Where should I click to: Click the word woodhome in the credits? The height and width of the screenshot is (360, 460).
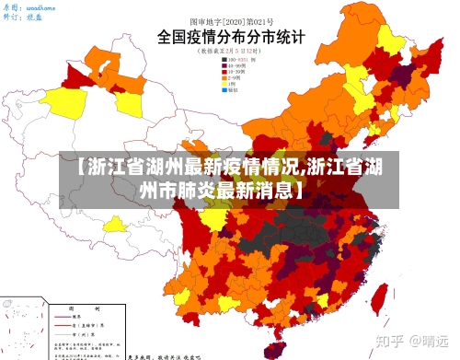[40, 6]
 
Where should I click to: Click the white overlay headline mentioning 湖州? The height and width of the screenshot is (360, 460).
[229, 179]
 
